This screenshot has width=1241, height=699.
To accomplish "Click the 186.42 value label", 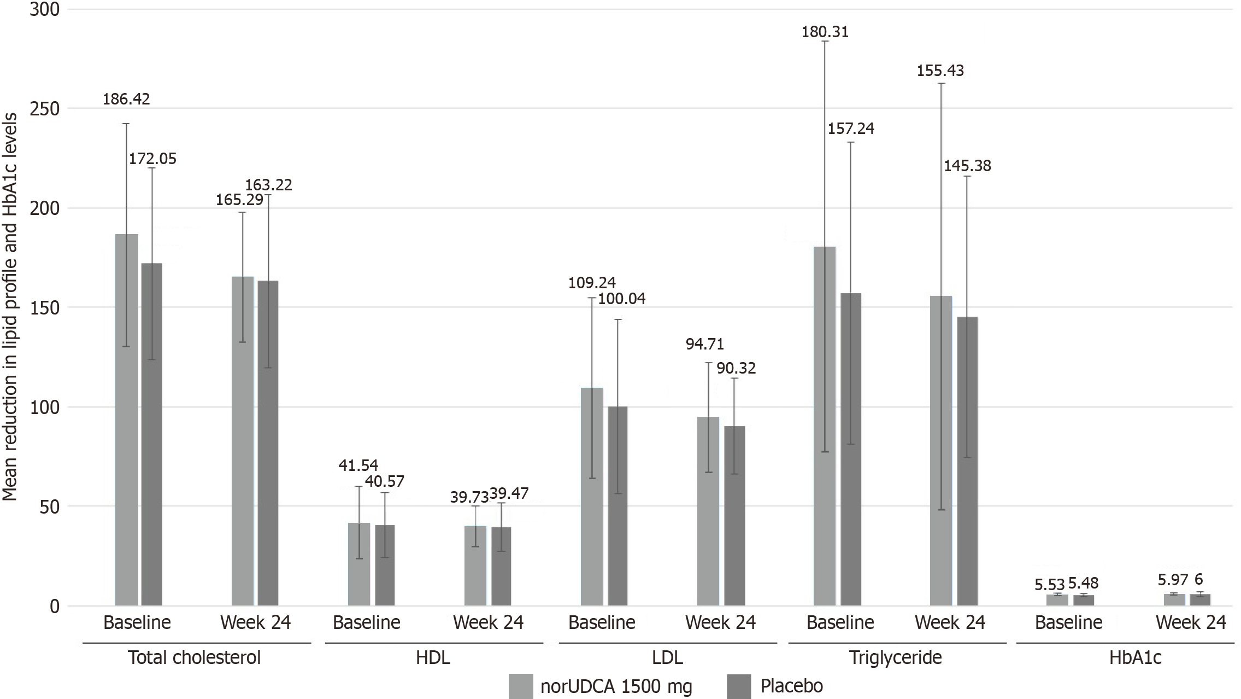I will click(x=126, y=100).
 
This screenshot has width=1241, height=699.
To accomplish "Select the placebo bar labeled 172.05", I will click(x=152, y=434).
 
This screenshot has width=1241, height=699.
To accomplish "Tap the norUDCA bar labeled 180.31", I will click(x=825, y=426).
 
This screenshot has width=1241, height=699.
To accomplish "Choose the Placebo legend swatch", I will click(x=740, y=686).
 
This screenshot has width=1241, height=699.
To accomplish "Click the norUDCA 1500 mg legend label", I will click(x=616, y=686).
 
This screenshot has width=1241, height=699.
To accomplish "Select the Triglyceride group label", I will click(x=895, y=657).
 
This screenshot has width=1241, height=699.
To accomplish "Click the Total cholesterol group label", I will click(x=194, y=657).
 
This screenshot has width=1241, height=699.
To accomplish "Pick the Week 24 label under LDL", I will click(x=720, y=622).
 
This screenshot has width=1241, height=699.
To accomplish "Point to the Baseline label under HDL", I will click(x=367, y=622).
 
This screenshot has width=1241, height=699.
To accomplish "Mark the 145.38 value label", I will click(x=967, y=166).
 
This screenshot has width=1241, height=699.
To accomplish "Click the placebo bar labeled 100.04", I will click(x=617, y=506).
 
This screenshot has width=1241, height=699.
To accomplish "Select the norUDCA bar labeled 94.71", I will click(x=708, y=511).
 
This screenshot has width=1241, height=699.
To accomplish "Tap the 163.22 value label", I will click(x=269, y=185).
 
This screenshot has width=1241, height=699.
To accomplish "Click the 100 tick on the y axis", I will click(x=44, y=407).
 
